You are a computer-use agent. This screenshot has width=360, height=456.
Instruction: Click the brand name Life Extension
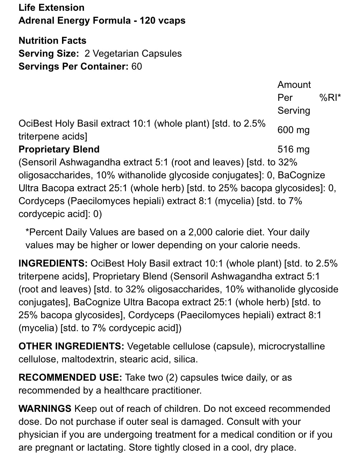coord(51,8)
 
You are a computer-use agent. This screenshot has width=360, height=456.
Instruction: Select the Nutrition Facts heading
coord(52,41)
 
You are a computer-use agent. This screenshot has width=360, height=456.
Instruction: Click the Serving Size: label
coord(49,53)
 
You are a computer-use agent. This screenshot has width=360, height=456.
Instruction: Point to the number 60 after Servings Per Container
coord(137,66)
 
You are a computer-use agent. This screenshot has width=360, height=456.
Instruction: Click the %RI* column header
coord(330,98)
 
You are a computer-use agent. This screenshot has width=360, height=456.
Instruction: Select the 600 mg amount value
coord(293,130)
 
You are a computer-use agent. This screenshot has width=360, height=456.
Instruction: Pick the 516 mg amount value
coord(293,149)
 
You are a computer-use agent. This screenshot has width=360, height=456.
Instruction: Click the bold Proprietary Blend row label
coord(59,149)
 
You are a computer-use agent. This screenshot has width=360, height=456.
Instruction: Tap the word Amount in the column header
coord(294,85)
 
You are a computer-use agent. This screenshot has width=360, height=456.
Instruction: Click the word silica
coord(187,359)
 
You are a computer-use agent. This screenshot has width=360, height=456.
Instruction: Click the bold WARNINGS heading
coord(45,409)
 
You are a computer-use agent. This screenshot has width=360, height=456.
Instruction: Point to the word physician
coord(38,434)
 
